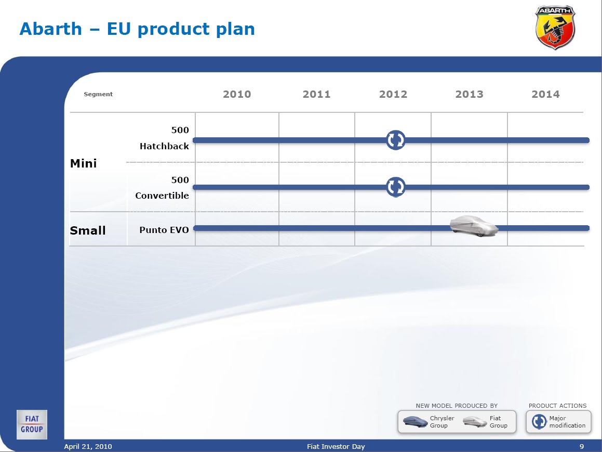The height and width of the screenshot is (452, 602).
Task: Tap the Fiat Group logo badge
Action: coord(32,424)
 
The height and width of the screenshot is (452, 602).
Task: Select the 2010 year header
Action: coord(237,94)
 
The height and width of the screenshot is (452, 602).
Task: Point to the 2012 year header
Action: coord(393,94)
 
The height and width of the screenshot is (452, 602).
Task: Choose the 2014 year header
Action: coord(545,94)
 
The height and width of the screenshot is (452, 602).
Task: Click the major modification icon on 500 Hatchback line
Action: coord(395,140)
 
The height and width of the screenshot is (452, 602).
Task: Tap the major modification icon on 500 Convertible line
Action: coord(395,187)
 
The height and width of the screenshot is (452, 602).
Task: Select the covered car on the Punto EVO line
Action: coord(474,226)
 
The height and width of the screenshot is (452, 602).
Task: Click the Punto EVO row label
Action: coord(164,230)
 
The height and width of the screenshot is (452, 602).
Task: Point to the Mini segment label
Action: coord(83,163)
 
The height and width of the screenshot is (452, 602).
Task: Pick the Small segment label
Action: coord(88,230)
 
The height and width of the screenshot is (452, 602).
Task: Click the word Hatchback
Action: coord(164,146)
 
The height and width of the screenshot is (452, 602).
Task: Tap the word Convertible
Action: coord(162,195)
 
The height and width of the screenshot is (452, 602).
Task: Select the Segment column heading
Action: coord(98,94)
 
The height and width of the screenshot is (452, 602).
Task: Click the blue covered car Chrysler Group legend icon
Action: coord(416,422)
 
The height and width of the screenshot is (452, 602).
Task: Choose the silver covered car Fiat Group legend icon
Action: coord(475,422)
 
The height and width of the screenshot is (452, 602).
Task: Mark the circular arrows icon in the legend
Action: coord(539,422)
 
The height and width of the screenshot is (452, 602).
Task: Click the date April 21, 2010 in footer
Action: coord(88,446)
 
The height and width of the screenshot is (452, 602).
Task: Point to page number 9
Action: coord(582,446)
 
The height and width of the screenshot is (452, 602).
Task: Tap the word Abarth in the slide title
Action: coord(51,29)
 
